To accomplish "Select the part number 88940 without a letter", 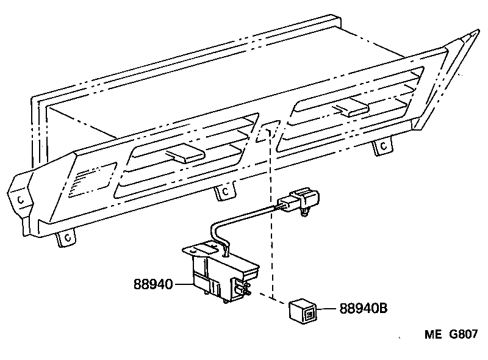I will pos(153,284).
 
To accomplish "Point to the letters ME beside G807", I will pos(434,335).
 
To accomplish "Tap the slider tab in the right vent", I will pos(350,109).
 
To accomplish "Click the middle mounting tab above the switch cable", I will pos(225,192).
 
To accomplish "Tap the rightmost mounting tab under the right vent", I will pos(382,146).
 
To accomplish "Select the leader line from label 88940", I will pos(184,284).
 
